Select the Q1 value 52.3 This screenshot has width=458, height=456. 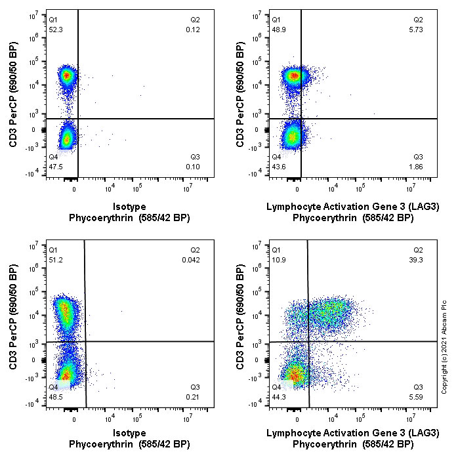(55, 30)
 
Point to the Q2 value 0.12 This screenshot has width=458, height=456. (192, 30)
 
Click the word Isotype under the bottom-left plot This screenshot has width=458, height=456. (129, 433)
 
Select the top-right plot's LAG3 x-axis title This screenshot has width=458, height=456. (352, 207)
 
